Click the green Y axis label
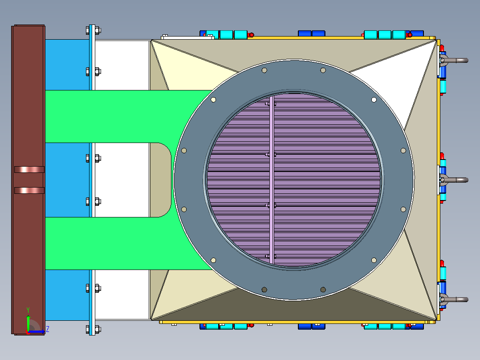(x=28, y=310)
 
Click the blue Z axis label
(x=48, y=329)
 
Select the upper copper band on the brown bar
(x=29, y=169)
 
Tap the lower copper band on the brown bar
(x=29, y=191)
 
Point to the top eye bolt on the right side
(x=454, y=60)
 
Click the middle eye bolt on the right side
(x=454, y=180)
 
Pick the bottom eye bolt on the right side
(x=454, y=299)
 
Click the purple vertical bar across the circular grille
(x=272, y=180)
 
